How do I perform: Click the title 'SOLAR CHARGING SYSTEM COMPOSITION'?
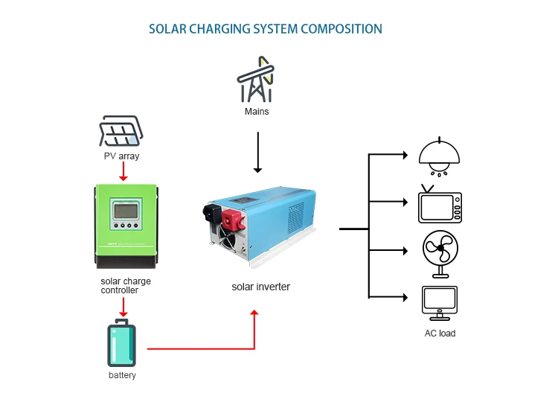point(265,29)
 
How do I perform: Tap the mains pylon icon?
point(256,79)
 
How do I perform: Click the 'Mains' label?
point(257,112)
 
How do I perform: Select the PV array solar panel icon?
point(121,133)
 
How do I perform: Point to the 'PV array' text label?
point(121,156)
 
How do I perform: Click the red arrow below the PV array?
point(124,172)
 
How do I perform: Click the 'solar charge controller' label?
point(125,285)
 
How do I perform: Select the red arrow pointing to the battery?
point(124,306)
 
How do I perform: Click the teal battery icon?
point(121,343)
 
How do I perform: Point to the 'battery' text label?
point(122,375)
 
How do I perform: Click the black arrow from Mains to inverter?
point(257,152)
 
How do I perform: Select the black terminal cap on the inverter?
point(215,213)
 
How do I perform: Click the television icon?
point(440,204)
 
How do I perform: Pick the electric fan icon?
point(440,252)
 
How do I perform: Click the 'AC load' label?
point(440,333)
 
